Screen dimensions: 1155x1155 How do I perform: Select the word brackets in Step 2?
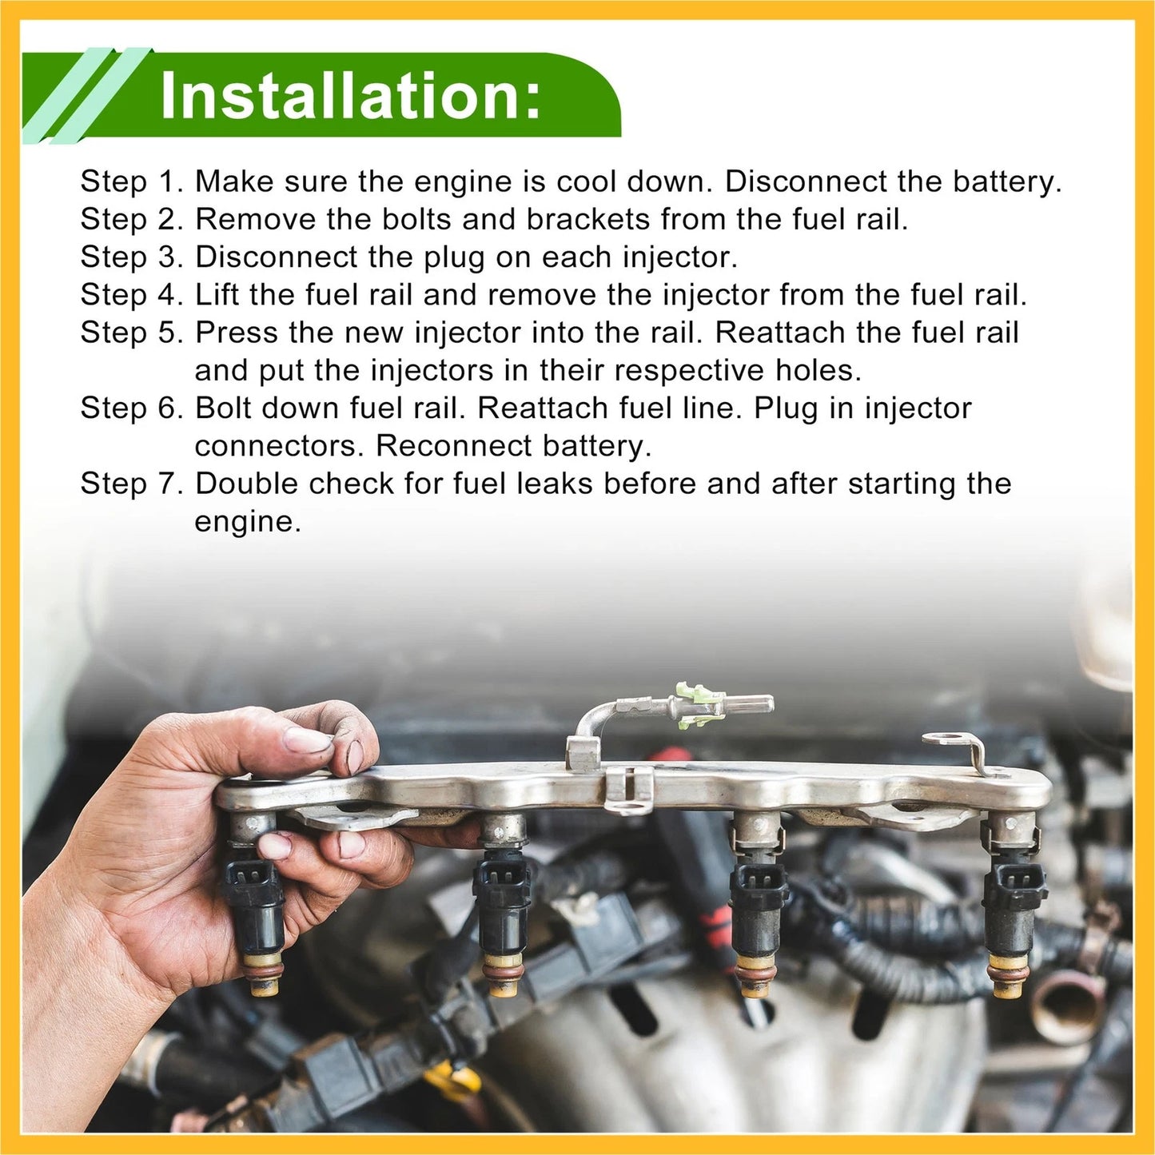(588, 219)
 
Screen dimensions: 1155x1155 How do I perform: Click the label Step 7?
(132, 483)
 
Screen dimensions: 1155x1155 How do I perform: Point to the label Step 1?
(132, 181)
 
